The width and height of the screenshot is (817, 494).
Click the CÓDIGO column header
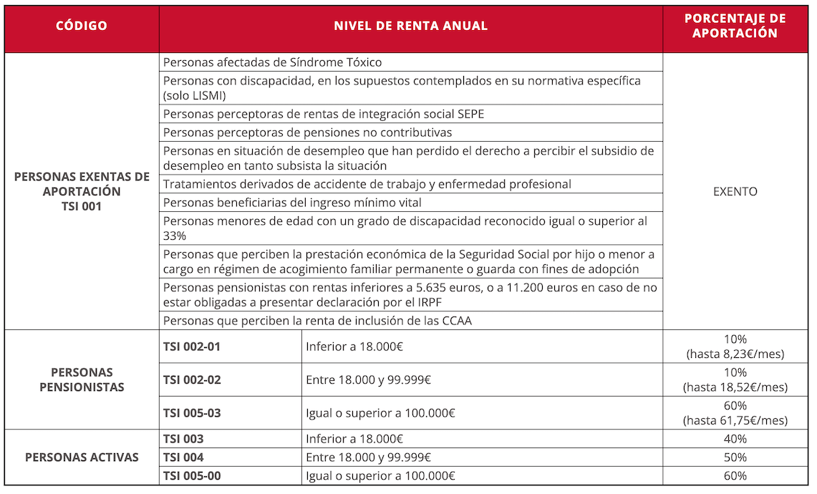pos(82,26)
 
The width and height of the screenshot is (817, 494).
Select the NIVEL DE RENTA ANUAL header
pos(410,26)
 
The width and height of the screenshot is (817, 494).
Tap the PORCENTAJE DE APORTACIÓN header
pos(735,26)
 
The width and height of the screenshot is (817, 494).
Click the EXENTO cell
pos(735,191)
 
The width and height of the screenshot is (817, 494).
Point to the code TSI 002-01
pos(192,347)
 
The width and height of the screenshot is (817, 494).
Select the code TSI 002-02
pos(192,379)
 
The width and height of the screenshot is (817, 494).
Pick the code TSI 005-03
pos(192,412)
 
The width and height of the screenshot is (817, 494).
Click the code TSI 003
pos(183,439)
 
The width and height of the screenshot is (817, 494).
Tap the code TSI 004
pos(183,457)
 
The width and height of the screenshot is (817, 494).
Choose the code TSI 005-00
pos(192,476)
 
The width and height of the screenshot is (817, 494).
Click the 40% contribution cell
pos(735,439)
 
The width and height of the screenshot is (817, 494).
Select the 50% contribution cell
pos(735,457)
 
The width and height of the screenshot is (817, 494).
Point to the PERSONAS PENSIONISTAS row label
pos(82,379)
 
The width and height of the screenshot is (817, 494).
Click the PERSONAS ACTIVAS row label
pos(82,457)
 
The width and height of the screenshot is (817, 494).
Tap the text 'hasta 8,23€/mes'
pos(735,354)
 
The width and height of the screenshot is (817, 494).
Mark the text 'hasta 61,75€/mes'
pos(735,420)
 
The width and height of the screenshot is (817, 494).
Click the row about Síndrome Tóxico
pos(272,62)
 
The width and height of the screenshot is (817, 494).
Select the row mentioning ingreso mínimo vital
pos(292,203)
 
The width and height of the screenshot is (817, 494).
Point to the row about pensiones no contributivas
pos(307,132)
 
